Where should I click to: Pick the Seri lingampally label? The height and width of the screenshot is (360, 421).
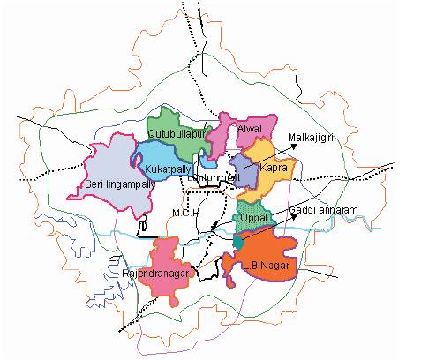click(119, 184)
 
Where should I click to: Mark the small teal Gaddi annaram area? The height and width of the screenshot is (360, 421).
click(239, 241)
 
